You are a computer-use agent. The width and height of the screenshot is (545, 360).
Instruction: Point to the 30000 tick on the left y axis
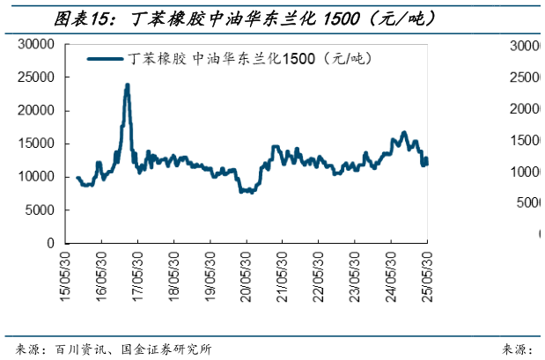click(x=38, y=44)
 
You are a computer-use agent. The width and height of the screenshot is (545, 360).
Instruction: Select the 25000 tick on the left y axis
click(x=38, y=77)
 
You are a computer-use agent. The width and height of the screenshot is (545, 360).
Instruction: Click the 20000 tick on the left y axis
click(x=38, y=111)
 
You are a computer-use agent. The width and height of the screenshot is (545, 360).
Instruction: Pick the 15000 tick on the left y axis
click(x=38, y=143)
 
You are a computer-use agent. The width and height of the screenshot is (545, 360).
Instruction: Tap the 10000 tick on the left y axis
click(x=38, y=177)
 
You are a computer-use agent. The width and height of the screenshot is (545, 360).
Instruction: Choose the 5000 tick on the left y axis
click(x=41, y=209)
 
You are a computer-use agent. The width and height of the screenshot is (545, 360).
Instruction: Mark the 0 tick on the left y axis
click(x=51, y=243)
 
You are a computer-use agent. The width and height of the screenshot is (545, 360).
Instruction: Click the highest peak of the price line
click(x=128, y=85)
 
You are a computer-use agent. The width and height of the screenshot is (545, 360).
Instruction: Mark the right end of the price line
click(x=427, y=160)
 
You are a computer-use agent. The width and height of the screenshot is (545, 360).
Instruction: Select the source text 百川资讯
click(x=80, y=349)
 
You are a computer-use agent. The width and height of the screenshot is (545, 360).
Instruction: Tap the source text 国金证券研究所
click(x=165, y=349)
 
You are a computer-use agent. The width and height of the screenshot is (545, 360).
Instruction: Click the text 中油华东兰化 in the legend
click(x=241, y=59)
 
